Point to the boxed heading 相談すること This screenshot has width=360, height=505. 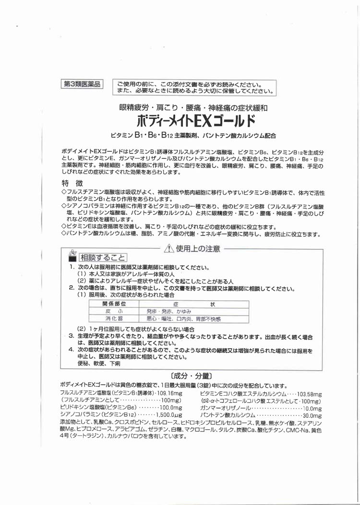click(x=103, y=258)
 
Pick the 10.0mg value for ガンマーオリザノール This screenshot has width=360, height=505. click(x=312, y=407)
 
